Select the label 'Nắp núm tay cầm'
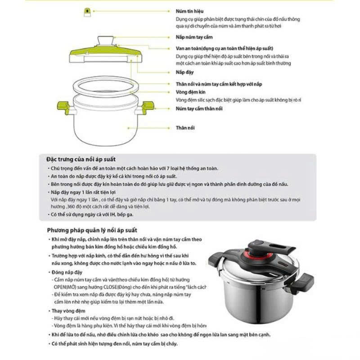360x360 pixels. point(194,37)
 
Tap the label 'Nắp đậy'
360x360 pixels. point(184,72)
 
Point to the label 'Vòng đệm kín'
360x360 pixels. point(191,92)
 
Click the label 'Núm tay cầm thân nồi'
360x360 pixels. point(199,108)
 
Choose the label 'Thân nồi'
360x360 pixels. point(185,128)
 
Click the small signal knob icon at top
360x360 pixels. point(87,12)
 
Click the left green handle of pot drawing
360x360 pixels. point(63,108)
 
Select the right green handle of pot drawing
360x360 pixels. point(147,107)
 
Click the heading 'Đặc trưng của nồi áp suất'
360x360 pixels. point(81,159)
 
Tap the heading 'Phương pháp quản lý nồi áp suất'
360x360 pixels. point(92,230)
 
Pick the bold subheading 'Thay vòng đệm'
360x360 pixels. point(68,311)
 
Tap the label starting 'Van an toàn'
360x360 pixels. point(224,48)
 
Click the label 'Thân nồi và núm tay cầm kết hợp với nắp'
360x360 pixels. point(219,84)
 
